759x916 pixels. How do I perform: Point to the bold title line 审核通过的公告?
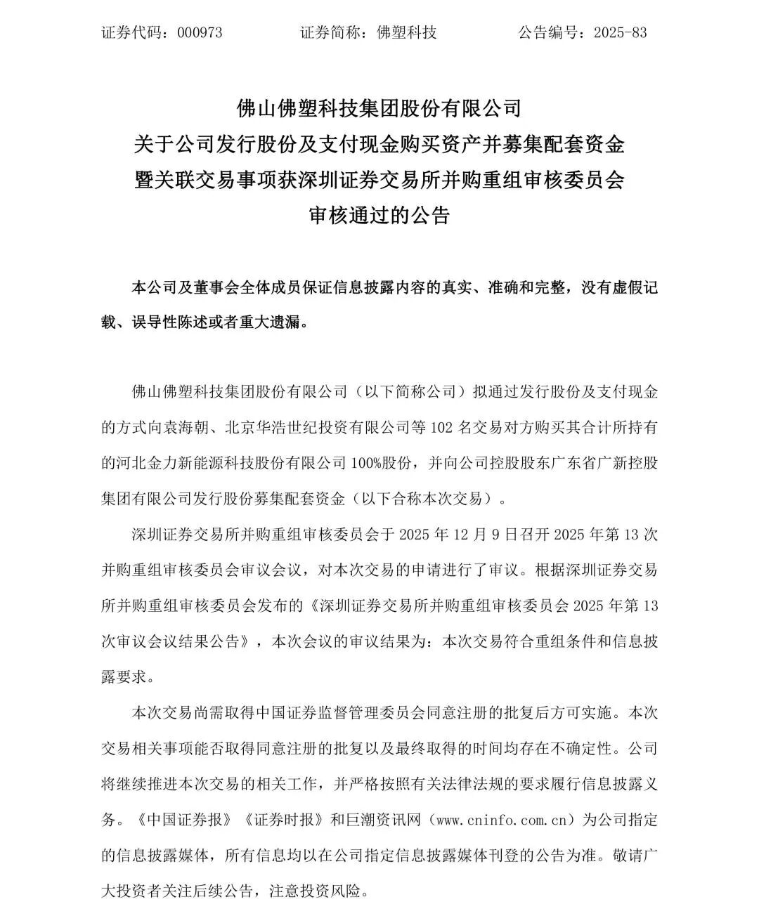tap(379, 215)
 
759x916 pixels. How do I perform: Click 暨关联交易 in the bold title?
tap(171, 180)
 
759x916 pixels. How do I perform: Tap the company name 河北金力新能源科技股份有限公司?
tap(223, 462)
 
